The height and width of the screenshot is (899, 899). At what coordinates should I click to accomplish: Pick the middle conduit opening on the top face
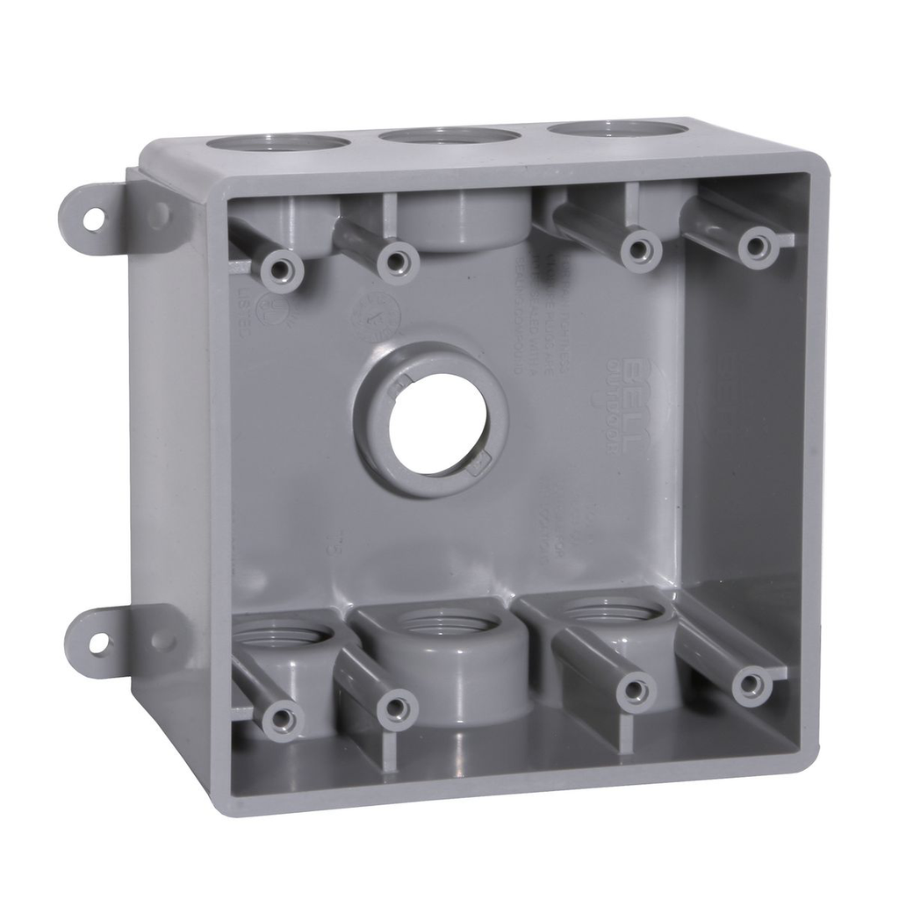point(449,136)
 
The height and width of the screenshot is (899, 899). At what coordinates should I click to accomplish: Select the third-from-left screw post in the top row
point(639,248)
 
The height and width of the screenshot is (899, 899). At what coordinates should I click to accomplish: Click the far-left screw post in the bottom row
point(282,718)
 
